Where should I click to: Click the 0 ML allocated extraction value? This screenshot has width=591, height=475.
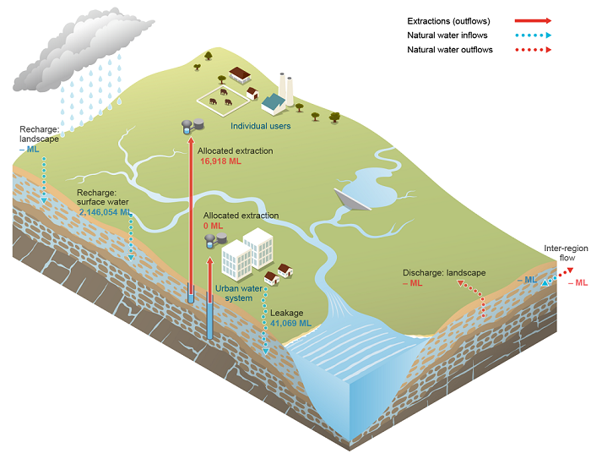click(x=211, y=226)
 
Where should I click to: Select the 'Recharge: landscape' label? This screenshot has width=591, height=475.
click(x=39, y=134)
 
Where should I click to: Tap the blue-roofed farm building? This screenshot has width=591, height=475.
click(x=274, y=103)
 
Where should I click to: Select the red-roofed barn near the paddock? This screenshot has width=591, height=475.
click(x=240, y=75)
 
